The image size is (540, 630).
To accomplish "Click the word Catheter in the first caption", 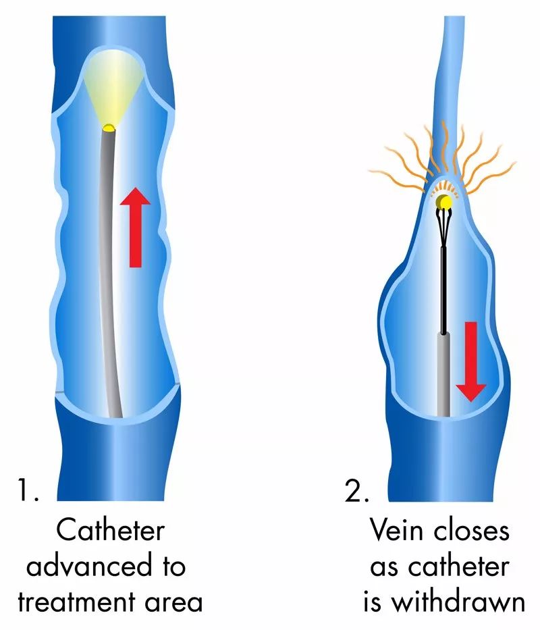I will pos(110,531).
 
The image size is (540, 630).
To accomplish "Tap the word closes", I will pos(475,531).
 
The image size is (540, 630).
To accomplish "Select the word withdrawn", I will pos(458,601).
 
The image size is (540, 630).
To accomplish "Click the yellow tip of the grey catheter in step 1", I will pos(109,127).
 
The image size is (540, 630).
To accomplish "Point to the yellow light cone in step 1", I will pos(108,88).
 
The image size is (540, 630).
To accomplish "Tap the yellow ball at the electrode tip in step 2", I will pos(443,201).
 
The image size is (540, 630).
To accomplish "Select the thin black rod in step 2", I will pos(443,290).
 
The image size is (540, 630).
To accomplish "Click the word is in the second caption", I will pos(375,601).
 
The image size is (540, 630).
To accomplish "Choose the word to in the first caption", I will pos(171,567).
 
